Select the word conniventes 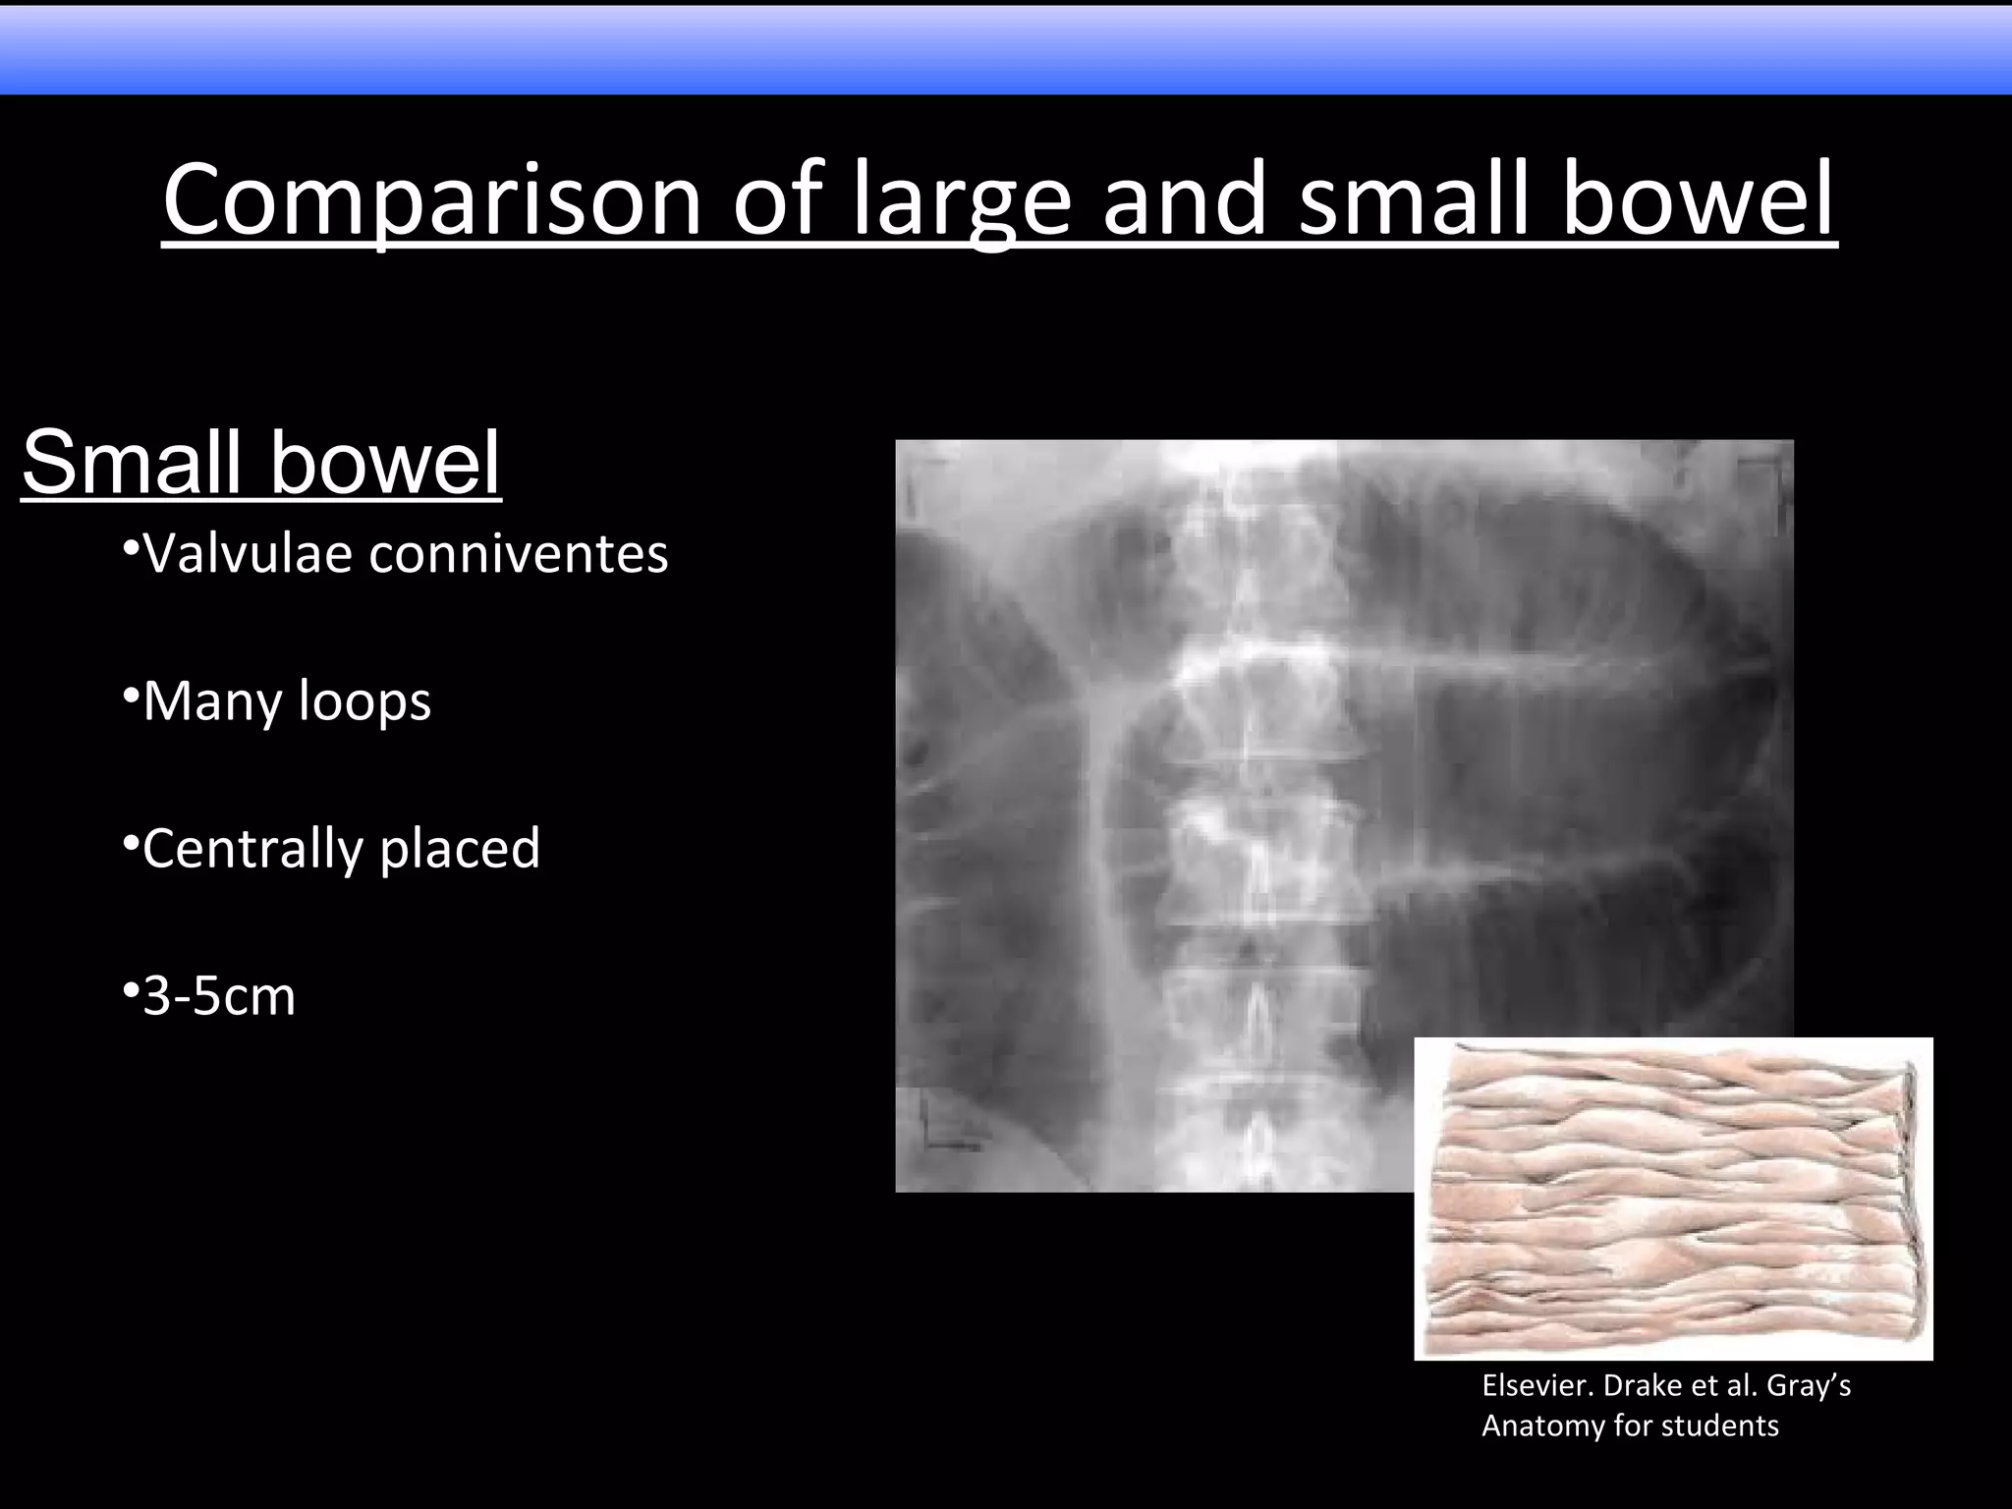[x=519, y=553]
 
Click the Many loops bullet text [x=287, y=701]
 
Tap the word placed [x=460, y=849]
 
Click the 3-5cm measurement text [x=219, y=996]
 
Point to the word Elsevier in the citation [x=1537, y=1386]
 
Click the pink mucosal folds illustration [x=1672, y=1199]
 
